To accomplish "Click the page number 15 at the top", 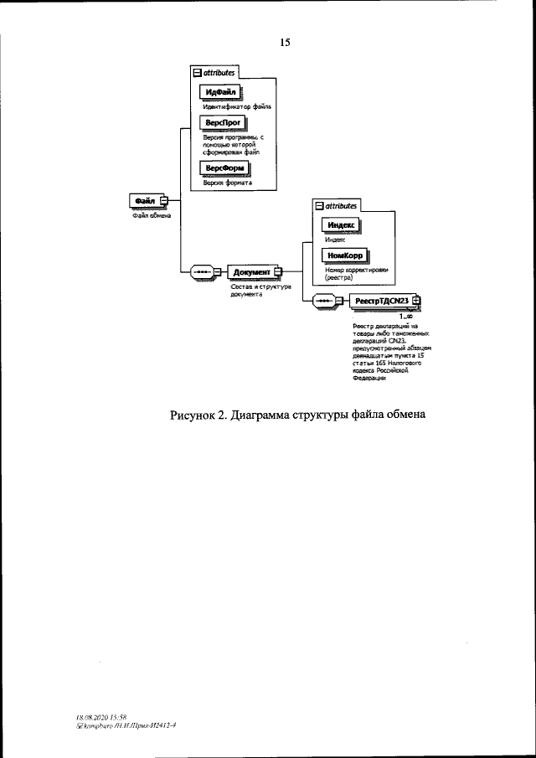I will (284, 41).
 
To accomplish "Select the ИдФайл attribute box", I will (220, 91).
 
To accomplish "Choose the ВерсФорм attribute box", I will (224, 168).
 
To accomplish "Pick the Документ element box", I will (250, 272).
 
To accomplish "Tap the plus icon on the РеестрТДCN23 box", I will (416, 302).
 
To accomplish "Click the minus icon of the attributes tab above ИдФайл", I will (198, 73).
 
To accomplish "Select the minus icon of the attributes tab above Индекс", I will (317, 205).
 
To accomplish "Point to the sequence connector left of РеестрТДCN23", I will (323, 302).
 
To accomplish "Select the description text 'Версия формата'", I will (228, 183).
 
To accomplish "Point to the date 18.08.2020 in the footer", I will (91, 718).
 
